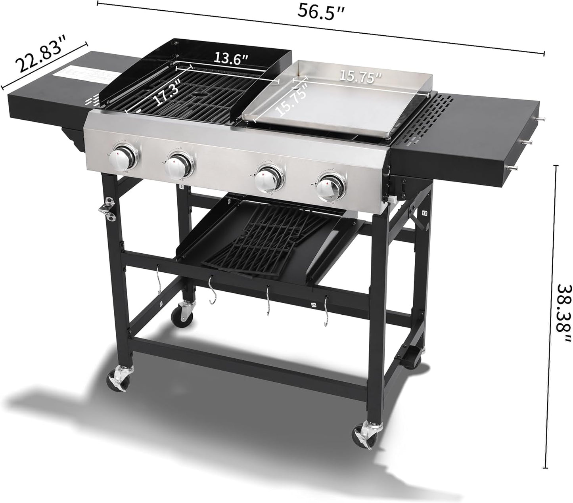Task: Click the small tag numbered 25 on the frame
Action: [x=314, y=305]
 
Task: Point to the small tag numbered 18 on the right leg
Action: [x=425, y=213]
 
